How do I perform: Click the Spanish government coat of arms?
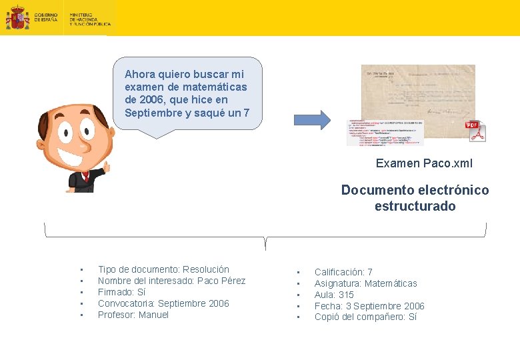(x=17, y=18)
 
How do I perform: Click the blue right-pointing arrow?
(x=312, y=119)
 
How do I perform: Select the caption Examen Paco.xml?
(x=424, y=163)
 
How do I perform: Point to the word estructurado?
(x=415, y=206)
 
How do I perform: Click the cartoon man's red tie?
(x=85, y=176)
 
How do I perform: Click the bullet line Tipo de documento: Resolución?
(x=163, y=269)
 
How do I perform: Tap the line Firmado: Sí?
(x=121, y=292)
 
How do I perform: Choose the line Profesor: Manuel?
(x=133, y=315)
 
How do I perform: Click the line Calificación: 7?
(x=343, y=272)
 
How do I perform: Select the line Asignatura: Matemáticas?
(x=365, y=283)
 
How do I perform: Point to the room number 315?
(x=346, y=295)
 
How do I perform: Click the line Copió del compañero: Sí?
(x=365, y=317)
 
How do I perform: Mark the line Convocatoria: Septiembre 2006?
(x=163, y=303)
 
